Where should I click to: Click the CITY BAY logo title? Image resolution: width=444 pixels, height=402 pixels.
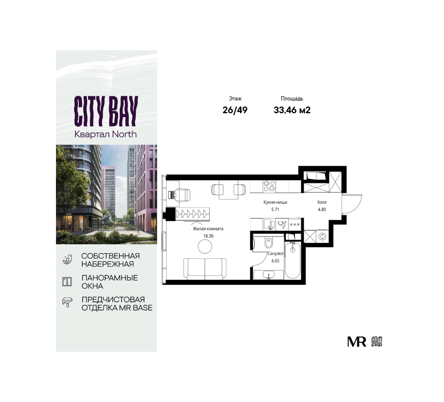pos(106,111)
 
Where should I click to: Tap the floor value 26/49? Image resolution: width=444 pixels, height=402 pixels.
pos(235,110)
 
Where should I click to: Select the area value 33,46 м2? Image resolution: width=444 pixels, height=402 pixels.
pos(292,110)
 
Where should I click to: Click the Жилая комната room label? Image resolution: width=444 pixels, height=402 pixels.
pos(208,229)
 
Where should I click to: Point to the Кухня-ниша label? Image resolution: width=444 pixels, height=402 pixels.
pos(275,202)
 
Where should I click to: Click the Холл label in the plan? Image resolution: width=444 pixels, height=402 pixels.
pos(322,202)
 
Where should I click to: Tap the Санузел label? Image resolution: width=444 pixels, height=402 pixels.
pos(275,254)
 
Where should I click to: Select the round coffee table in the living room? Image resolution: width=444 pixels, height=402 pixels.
pos(205,246)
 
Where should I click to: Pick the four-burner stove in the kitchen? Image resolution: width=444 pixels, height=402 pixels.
pos(269,186)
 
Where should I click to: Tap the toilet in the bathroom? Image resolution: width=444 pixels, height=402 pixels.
pos(268,242)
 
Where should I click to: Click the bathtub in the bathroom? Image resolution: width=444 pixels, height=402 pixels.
pos(293,260)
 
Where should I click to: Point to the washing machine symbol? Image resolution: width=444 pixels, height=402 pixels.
pos(322,236)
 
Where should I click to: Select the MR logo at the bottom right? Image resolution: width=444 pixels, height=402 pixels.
pos(357,342)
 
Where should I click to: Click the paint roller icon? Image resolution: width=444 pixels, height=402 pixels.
pos(67,302)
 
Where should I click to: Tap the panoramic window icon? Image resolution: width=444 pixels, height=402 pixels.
pos(67,281)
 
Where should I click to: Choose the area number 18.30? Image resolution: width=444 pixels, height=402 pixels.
pos(208,236)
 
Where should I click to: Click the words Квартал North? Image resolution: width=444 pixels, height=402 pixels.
pos(105,134)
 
